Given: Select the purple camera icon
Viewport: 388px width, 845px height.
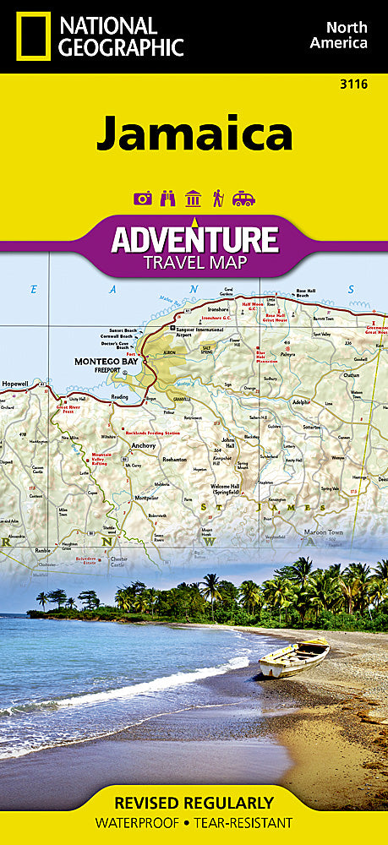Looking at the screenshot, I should [143, 199].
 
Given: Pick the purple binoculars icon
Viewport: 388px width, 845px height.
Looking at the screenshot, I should [167, 199].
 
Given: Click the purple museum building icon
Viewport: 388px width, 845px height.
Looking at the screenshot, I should [193, 199].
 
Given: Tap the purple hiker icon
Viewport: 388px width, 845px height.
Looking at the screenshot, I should [218, 199].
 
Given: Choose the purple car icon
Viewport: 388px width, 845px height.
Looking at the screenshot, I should [243, 199].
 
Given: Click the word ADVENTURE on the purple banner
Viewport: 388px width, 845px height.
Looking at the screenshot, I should [195, 240].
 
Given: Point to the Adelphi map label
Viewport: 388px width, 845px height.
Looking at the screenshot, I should [301, 402].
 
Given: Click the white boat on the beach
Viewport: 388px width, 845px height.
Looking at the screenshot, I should [293, 657].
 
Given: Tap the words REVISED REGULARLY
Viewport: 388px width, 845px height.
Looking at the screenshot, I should [194, 803].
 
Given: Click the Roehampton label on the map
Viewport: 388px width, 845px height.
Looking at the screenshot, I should [174, 459].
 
